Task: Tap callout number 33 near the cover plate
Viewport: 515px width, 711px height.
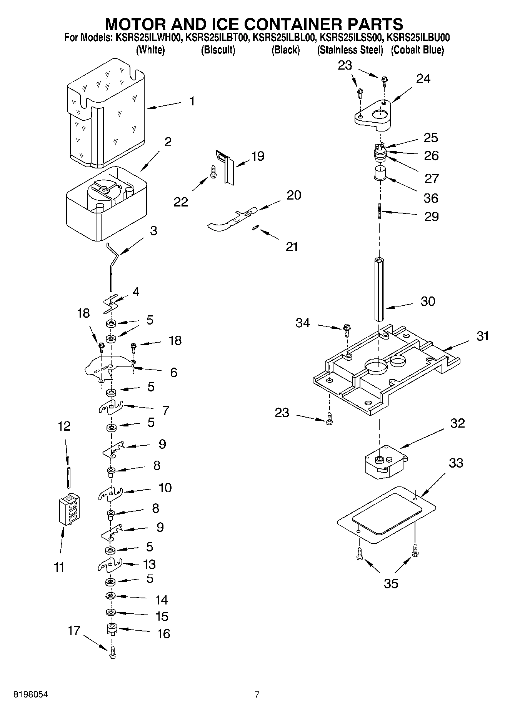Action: (456, 463)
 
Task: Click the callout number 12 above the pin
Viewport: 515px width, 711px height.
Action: (64, 426)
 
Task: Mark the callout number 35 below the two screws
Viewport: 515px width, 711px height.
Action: (391, 584)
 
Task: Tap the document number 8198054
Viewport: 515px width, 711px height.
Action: (31, 694)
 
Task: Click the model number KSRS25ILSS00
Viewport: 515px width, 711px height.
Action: (351, 38)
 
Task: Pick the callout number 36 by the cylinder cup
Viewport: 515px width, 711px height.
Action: (431, 198)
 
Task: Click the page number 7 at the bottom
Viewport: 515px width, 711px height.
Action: (257, 694)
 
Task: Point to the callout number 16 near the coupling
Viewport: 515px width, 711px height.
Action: (163, 634)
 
